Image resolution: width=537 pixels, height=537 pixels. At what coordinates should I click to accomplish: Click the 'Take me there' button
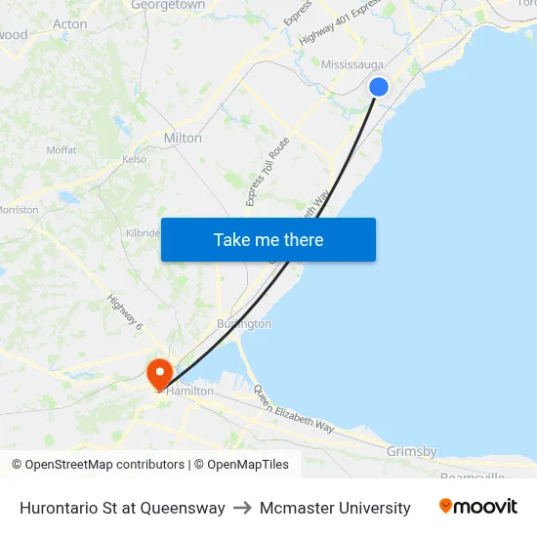pyautogui.click(x=268, y=239)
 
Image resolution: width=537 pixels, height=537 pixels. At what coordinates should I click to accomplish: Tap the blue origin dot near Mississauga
pyautogui.click(x=379, y=87)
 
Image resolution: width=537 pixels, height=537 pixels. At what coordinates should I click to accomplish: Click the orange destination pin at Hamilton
pyautogui.click(x=159, y=373)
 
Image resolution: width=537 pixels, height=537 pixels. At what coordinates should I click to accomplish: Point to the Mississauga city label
pyautogui.click(x=352, y=64)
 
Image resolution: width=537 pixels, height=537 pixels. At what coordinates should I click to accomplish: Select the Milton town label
pyautogui.click(x=183, y=138)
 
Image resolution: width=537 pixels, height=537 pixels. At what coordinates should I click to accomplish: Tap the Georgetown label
pyautogui.click(x=168, y=5)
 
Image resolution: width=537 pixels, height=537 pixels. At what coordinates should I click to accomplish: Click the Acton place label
pyautogui.click(x=70, y=24)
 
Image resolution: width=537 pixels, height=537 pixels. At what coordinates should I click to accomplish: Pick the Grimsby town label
pyautogui.click(x=411, y=451)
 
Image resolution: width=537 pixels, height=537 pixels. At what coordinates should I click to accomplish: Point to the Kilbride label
pyautogui.click(x=143, y=233)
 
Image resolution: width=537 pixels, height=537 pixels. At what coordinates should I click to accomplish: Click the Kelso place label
pyautogui.click(x=135, y=159)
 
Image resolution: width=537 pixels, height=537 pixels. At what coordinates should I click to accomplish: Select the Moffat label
pyautogui.click(x=62, y=149)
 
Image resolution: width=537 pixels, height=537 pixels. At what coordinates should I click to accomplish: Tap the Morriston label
pyautogui.click(x=19, y=210)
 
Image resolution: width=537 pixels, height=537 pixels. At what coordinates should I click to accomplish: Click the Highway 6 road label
pyautogui.click(x=125, y=311)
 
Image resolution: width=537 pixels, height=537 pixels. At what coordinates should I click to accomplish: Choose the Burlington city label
pyautogui.click(x=244, y=323)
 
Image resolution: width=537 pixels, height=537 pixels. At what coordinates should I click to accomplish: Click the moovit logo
pyautogui.click(x=477, y=507)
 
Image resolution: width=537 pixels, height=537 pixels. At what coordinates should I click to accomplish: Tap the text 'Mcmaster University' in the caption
pyautogui.click(x=335, y=508)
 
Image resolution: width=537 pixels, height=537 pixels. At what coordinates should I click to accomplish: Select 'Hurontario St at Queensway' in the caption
pyautogui.click(x=122, y=508)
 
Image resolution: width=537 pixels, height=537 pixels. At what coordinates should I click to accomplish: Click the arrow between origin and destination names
pyautogui.click(x=242, y=508)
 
